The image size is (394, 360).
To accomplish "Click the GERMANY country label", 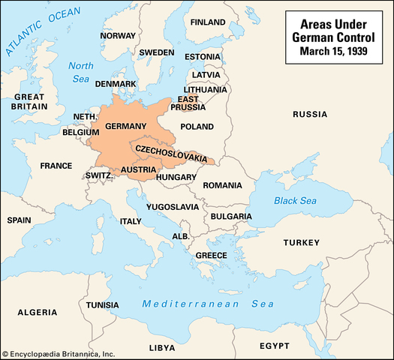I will pyautogui.click(x=125, y=125).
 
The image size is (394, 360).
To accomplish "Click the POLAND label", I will pyautogui.click(x=198, y=127).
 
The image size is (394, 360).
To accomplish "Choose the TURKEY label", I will pyautogui.click(x=301, y=242).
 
